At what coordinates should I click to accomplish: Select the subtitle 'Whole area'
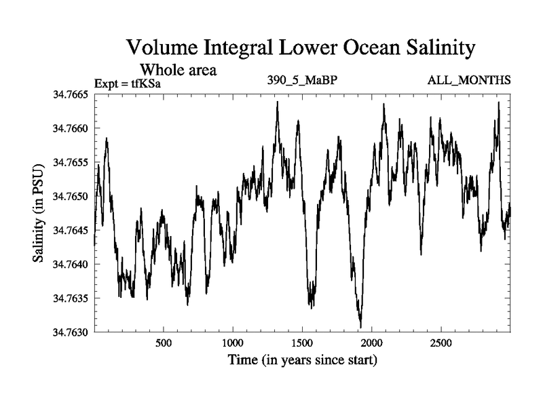[178, 69]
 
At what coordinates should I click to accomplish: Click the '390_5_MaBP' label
[303, 81]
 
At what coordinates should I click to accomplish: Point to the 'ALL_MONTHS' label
[469, 81]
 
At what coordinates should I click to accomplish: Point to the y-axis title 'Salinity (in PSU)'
[39, 214]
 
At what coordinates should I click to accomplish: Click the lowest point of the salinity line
[360, 327]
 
